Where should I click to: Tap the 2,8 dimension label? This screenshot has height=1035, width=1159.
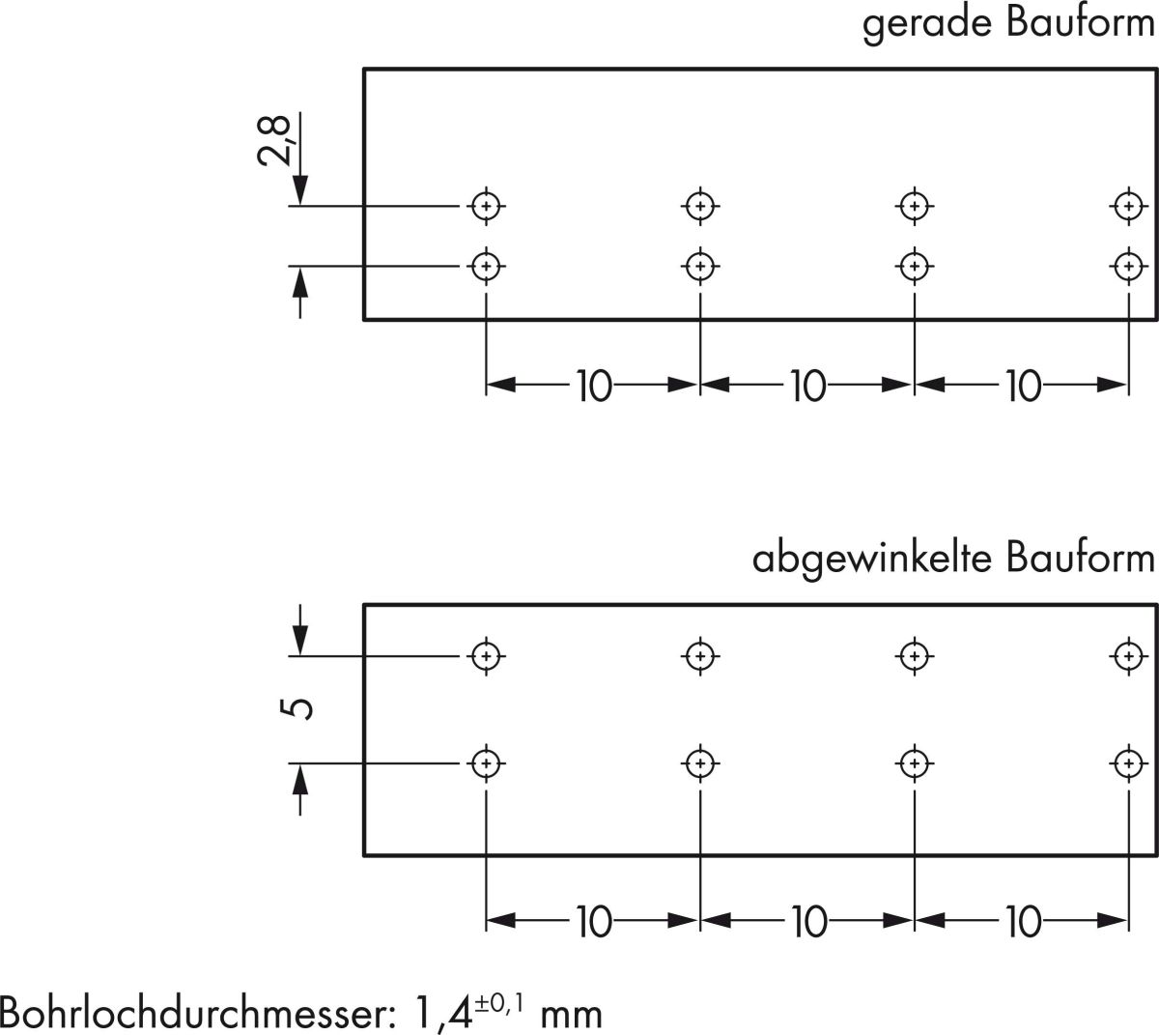click(x=275, y=141)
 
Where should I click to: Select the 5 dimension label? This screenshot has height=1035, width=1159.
click(x=300, y=709)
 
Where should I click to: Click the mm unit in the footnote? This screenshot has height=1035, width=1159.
click(x=571, y=1015)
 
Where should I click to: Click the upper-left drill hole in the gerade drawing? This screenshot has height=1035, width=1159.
click(x=487, y=205)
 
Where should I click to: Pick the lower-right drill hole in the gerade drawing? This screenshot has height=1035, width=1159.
click(x=1127, y=265)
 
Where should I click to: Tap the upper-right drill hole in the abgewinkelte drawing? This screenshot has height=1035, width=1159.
click(x=1125, y=655)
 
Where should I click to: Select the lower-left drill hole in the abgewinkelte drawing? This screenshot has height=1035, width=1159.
click(x=487, y=762)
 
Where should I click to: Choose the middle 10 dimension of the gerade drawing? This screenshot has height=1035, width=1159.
click(x=807, y=387)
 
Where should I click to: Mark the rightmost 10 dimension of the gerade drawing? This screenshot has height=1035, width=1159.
click(x=1022, y=387)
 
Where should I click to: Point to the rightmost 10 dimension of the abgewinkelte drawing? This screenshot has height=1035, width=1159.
click(x=1022, y=924)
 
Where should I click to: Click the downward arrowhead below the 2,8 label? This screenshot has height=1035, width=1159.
click(x=300, y=189)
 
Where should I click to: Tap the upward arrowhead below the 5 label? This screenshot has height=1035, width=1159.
click(x=300, y=777)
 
